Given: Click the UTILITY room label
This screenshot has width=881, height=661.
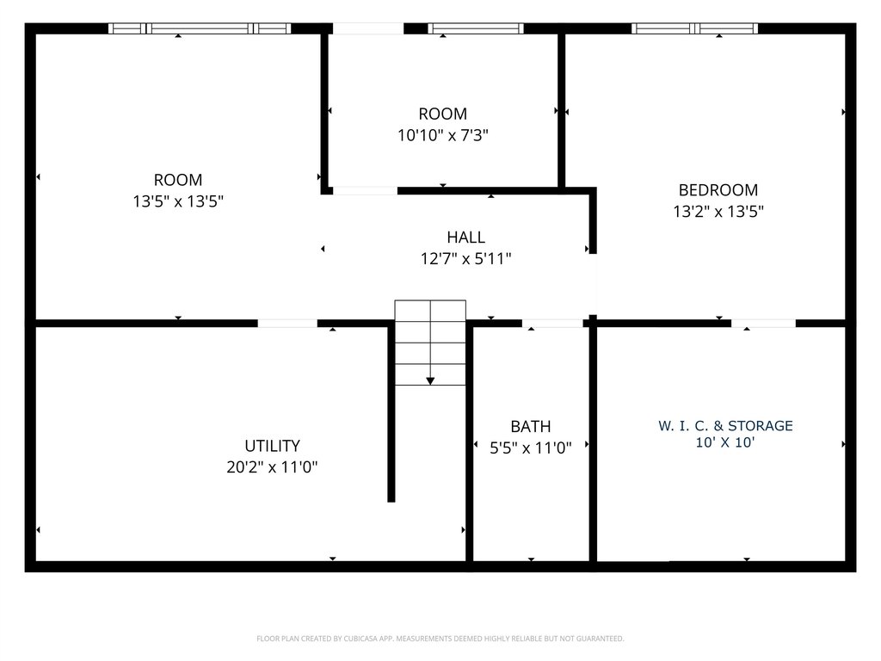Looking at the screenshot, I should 272,446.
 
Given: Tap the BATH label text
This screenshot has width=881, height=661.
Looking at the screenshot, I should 530,426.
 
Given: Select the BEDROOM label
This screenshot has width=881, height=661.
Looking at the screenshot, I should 718,190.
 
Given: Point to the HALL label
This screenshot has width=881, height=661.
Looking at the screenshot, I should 465,237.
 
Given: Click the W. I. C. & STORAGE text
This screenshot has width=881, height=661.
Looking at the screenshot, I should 725,425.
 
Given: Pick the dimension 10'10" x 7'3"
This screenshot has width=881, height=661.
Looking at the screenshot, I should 443,135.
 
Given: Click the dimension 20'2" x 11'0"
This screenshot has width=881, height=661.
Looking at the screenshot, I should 272,467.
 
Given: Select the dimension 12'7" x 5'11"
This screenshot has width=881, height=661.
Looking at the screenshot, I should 465,258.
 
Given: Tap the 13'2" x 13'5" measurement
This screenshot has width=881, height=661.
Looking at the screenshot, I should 718,212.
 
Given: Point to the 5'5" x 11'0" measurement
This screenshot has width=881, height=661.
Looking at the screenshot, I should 530,448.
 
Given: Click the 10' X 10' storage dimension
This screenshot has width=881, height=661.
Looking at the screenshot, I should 725,442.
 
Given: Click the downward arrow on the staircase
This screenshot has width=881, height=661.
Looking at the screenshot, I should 430,379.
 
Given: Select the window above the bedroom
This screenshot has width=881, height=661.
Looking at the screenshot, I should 694,28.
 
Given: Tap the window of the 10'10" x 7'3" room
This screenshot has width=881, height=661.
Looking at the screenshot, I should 476,28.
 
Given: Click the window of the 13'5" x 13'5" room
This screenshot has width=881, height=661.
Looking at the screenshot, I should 200,28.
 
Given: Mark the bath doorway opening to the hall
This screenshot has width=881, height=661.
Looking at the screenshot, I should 552,324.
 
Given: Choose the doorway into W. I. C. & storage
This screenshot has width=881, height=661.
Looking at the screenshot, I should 763,324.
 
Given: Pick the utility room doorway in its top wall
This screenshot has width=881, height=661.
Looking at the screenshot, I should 287,324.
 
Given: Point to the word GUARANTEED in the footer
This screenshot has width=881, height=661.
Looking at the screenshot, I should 602,639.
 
